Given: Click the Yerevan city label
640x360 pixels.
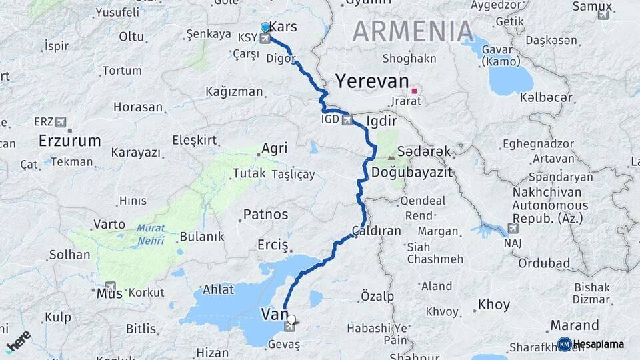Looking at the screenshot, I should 371,81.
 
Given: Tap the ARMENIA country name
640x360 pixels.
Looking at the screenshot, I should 413,31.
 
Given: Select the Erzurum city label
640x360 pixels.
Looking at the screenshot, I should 70,141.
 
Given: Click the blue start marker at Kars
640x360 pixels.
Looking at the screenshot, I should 266,27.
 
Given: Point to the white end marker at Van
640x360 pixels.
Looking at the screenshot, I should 291,319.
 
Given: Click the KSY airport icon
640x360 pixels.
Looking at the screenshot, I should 266,39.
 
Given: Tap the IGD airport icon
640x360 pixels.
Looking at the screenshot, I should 347,121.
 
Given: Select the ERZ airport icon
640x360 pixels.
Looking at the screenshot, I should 62,122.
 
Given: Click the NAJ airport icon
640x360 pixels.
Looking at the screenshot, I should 513,229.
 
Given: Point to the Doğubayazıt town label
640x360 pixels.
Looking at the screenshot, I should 411,172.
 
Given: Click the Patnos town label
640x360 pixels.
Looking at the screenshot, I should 265,215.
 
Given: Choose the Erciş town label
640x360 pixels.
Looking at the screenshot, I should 273,245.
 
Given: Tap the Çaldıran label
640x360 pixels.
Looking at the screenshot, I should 377,231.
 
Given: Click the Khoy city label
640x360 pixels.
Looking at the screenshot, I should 494,305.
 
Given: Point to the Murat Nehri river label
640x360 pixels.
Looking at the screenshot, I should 151,233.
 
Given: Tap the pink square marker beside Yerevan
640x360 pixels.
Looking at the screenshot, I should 414,91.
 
